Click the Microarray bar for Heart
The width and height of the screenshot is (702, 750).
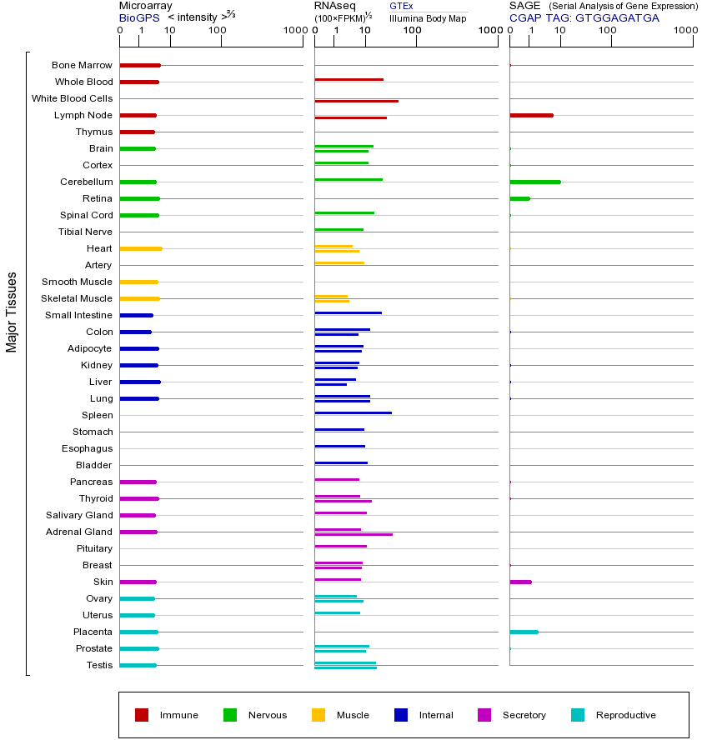(141, 248)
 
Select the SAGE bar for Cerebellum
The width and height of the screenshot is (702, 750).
(534, 182)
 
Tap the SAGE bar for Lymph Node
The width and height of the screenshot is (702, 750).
(531, 115)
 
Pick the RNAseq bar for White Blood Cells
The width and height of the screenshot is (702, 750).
(356, 101)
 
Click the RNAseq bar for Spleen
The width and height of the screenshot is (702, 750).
(353, 412)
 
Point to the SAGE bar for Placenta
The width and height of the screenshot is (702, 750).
(524, 632)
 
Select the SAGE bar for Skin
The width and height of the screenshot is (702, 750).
(520, 582)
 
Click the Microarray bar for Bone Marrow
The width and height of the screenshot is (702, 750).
(140, 65)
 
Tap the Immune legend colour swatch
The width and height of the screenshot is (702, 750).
(142, 715)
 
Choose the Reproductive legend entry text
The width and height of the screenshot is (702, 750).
(625, 715)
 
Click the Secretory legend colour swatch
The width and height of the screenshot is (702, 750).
(484, 715)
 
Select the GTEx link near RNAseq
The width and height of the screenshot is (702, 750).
(401, 6)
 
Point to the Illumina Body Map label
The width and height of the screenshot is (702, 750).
(428, 17)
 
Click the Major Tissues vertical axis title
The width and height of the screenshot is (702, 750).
(12, 312)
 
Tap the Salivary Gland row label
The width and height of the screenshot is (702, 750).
(79, 515)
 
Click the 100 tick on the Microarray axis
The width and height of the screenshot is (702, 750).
(217, 31)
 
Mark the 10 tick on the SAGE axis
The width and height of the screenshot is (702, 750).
(560, 31)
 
